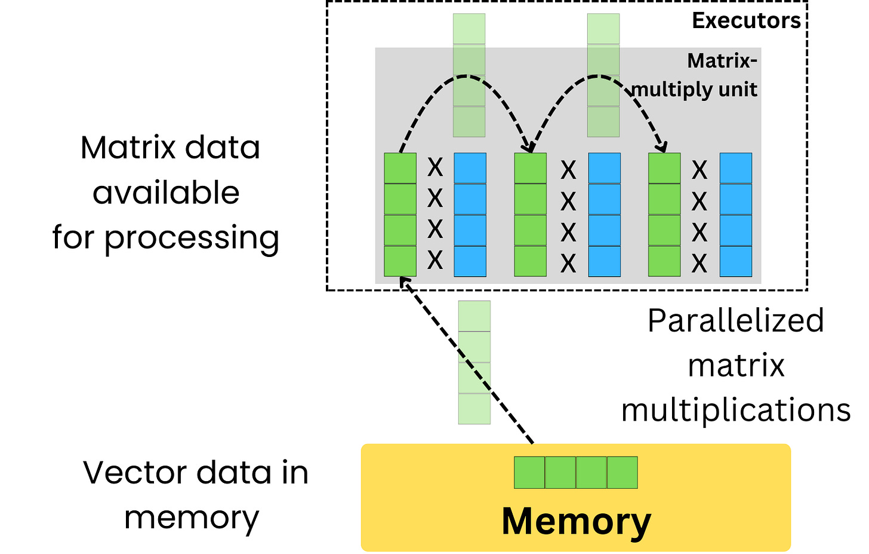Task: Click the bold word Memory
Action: [576, 522]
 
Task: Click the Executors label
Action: [746, 21]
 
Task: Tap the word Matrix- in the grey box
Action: [722, 61]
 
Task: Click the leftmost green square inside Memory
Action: [529, 473]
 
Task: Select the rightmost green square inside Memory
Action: [623, 473]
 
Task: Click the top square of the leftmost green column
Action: [400, 169]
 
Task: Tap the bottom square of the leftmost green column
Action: [400, 261]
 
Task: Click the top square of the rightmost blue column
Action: [735, 169]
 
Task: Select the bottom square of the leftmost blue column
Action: [470, 261]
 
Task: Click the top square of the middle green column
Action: [531, 169]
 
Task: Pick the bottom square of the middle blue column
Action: [604, 261]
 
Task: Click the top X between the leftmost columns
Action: [435, 168]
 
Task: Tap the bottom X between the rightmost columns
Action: [699, 263]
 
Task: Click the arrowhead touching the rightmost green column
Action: [661, 146]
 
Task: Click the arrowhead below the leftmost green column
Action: [404, 282]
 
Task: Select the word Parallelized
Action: [735, 321]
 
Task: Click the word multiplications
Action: [735, 411]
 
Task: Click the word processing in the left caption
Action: [192, 238]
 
